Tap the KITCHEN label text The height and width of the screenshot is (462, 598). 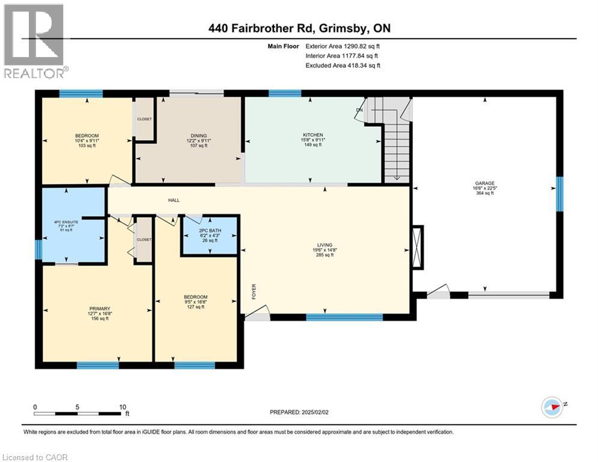[x=313, y=135]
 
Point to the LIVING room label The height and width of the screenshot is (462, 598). [x=325, y=245]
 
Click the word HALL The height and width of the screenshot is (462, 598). [x=174, y=200]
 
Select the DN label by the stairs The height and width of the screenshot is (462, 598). [x=359, y=110]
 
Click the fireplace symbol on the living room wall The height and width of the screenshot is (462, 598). [x=418, y=247]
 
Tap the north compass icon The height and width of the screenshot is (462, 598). [x=553, y=407]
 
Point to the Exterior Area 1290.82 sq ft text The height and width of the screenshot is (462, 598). [x=343, y=45]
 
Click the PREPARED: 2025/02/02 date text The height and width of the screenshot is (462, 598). [x=301, y=412]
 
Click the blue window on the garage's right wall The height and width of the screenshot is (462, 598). [x=560, y=194]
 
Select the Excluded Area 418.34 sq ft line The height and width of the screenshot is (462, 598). [x=343, y=66]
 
